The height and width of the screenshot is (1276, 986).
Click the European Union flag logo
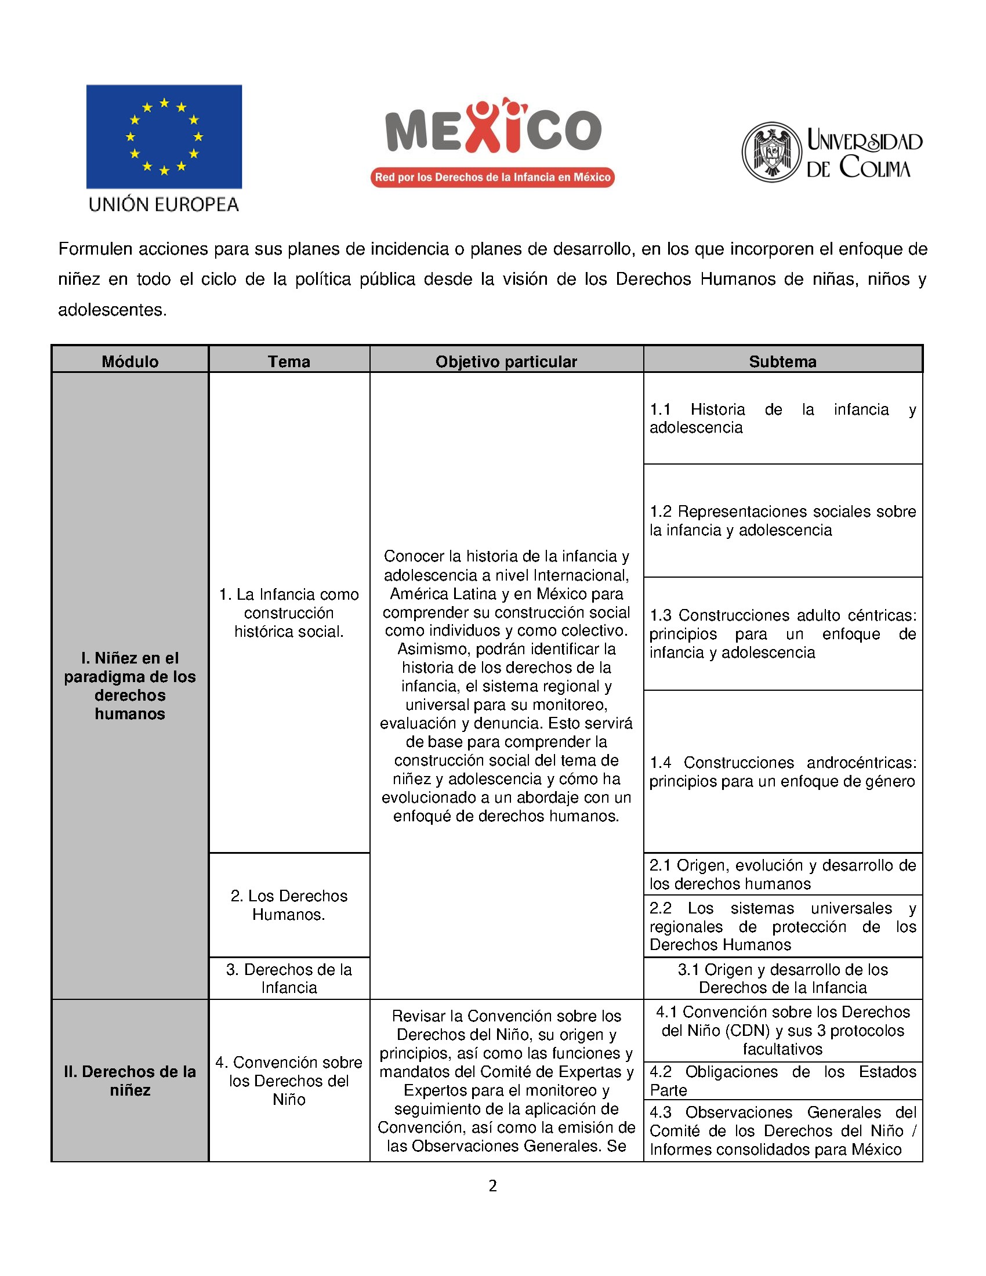click(164, 137)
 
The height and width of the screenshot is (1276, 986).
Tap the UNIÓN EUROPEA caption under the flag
click(164, 205)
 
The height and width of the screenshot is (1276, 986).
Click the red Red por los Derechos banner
click(492, 177)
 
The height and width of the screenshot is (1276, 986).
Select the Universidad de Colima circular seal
click(771, 152)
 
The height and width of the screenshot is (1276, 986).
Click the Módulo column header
click(130, 361)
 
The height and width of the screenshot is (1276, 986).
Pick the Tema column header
click(289, 361)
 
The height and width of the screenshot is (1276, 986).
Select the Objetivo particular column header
click(506, 361)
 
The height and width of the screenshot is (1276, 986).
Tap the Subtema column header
click(783, 361)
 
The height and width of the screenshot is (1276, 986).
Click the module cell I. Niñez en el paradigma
click(130, 686)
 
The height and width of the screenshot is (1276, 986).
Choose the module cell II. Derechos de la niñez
click(130, 1081)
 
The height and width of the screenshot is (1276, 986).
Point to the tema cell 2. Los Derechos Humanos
click(289, 905)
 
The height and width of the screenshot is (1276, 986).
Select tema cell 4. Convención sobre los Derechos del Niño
click(289, 1081)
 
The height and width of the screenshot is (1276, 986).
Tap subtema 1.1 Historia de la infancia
click(783, 418)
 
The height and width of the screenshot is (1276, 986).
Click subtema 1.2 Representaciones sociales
click(783, 521)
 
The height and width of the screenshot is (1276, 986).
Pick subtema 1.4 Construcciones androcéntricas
click(783, 772)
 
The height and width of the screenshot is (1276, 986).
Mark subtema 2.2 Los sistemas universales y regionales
click(783, 926)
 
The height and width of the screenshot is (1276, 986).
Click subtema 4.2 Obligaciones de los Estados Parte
click(783, 1081)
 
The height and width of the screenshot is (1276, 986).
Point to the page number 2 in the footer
click(493, 1186)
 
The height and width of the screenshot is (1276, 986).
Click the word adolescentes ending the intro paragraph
click(112, 310)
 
